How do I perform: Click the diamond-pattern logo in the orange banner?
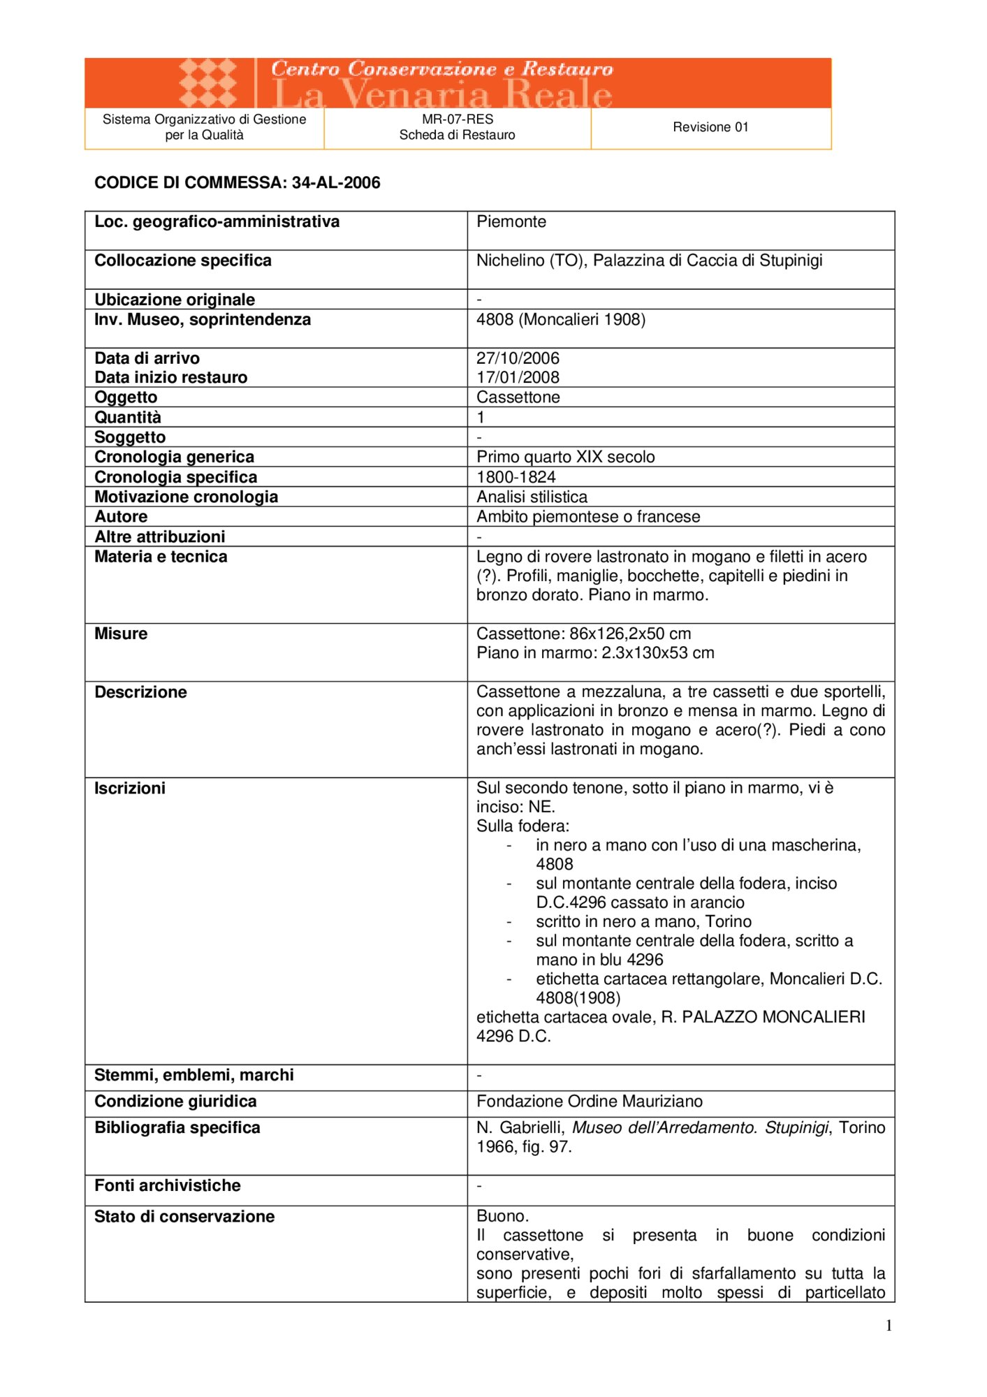click(x=207, y=82)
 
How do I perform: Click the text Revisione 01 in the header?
click(x=710, y=127)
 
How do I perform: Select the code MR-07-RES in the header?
click(x=458, y=119)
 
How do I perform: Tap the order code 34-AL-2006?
click(x=336, y=183)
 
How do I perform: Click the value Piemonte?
click(x=511, y=222)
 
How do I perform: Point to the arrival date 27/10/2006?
click(x=518, y=358)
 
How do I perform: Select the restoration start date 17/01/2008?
click(x=518, y=378)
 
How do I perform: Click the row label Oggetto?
click(x=126, y=397)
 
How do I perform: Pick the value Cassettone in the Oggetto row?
click(x=518, y=397)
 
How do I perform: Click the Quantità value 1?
click(x=481, y=418)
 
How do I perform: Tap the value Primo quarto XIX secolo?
click(x=565, y=458)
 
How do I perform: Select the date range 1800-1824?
click(x=516, y=477)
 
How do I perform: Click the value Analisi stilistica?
click(x=532, y=497)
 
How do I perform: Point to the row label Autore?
click(x=121, y=517)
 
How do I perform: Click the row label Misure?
click(x=121, y=634)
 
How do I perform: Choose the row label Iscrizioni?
click(x=130, y=789)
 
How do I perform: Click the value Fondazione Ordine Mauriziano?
click(x=589, y=1102)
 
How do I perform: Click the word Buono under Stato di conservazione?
click(x=502, y=1216)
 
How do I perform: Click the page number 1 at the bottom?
click(x=889, y=1326)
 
